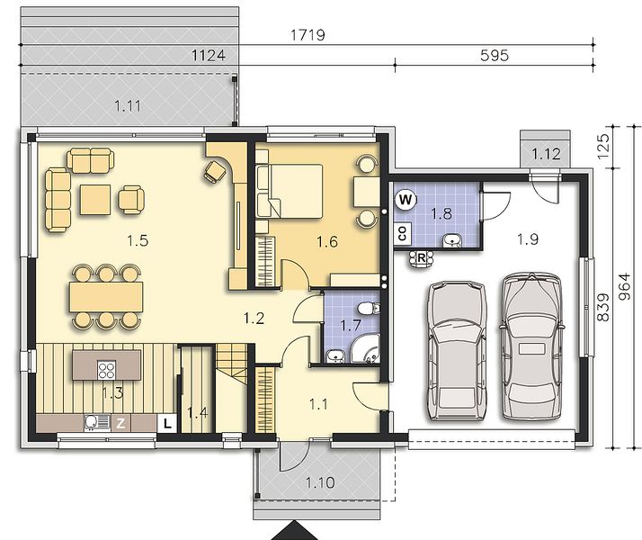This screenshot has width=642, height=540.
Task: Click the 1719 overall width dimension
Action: (308, 35)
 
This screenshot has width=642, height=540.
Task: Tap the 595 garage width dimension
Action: (495, 55)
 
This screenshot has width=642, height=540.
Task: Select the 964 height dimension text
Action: (624, 286)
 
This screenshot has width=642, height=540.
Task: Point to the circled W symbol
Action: (406, 200)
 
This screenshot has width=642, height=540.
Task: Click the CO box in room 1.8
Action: (402, 233)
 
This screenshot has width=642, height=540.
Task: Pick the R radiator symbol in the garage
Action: (422, 258)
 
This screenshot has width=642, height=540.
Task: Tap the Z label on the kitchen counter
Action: (120, 423)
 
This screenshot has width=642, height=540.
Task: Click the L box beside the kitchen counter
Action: (167, 423)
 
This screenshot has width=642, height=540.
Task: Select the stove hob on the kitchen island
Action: (106, 370)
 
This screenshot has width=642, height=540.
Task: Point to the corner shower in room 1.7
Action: (366, 348)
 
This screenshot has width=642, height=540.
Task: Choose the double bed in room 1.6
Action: (290, 191)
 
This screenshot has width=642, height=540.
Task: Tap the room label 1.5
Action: (138, 240)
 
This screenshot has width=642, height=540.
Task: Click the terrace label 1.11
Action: (128, 106)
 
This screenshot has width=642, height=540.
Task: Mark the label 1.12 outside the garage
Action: (546, 154)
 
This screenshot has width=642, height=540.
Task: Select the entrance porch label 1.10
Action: (320, 482)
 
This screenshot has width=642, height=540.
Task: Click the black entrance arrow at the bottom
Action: (294, 531)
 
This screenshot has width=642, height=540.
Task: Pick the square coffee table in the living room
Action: (95, 200)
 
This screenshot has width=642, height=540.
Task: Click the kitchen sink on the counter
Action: (97, 422)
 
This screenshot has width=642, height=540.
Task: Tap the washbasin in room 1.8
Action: (452, 240)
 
